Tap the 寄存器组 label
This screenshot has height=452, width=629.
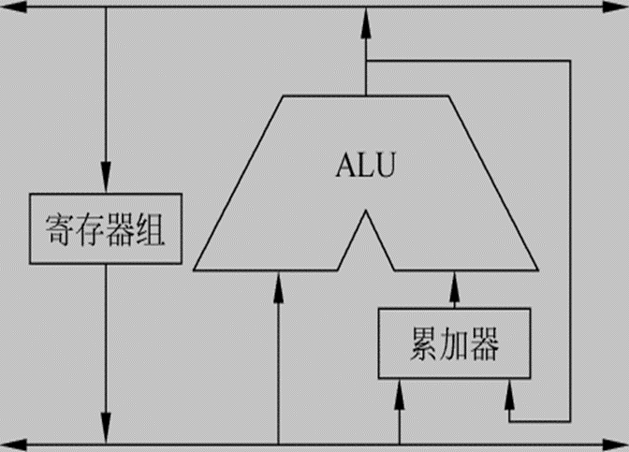coord(105,229)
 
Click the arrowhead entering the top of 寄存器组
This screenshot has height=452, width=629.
coord(105,181)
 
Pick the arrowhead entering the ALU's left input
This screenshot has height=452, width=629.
coord(278,285)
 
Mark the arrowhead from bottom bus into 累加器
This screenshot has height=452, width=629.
coord(400,392)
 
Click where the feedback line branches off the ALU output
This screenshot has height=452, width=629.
coord(366,62)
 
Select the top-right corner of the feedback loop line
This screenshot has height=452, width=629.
coord(569,62)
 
